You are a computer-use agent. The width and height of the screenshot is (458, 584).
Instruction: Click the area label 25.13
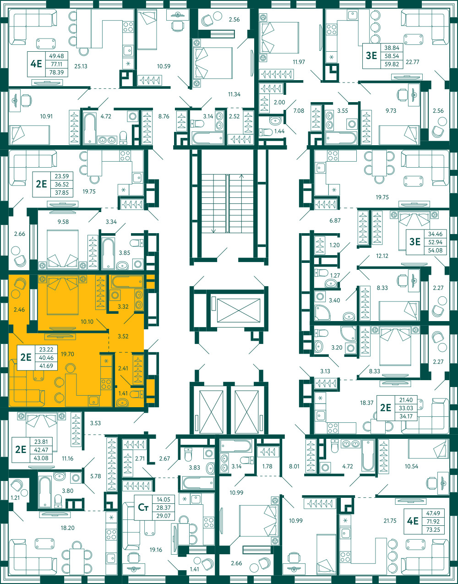[x=81, y=66]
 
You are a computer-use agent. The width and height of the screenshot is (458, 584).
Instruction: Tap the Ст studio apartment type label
[x=143, y=508]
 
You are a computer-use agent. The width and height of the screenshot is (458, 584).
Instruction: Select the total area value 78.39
[x=56, y=72]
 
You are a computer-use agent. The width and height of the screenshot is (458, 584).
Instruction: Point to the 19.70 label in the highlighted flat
[x=67, y=354]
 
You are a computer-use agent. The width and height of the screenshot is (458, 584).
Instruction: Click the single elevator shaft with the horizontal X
[x=239, y=310]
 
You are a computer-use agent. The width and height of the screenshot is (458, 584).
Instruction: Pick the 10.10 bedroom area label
[x=87, y=322]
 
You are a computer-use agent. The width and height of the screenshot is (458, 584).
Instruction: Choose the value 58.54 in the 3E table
[x=392, y=56]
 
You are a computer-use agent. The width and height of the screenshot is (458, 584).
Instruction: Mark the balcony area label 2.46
[x=19, y=310]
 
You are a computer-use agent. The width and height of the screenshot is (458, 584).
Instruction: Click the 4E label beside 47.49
[x=413, y=521]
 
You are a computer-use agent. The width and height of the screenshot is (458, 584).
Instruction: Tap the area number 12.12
[x=382, y=256]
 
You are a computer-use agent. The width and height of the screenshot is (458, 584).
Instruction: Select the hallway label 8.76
[x=164, y=116]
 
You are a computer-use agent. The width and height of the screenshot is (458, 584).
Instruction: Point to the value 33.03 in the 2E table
[x=406, y=408]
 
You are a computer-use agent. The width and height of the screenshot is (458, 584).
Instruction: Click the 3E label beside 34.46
[x=415, y=241]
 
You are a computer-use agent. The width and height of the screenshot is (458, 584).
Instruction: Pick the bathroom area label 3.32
[x=123, y=306]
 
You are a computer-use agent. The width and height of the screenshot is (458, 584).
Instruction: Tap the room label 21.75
[x=390, y=521]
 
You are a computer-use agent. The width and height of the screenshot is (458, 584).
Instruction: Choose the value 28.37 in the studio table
[x=164, y=508]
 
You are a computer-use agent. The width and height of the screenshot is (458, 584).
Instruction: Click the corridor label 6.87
[x=335, y=220]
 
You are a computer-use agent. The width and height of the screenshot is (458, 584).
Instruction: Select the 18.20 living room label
[x=67, y=528]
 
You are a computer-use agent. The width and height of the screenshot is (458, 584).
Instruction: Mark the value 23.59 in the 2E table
[x=62, y=176]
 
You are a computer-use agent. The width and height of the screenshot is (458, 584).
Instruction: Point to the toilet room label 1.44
[x=279, y=131]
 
